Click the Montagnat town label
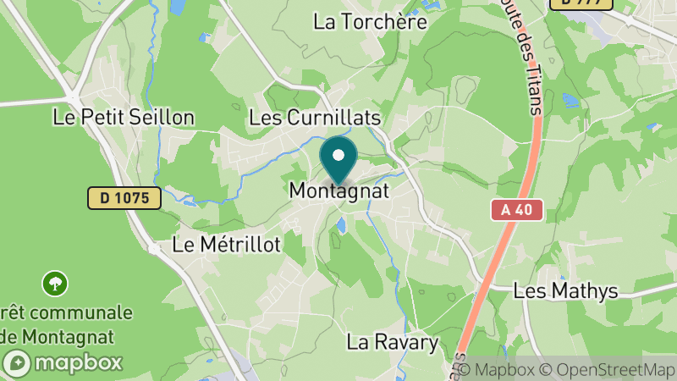tap(338, 191)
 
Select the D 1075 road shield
tap(124, 198)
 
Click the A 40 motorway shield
tap(516, 210)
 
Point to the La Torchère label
tap(370, 22)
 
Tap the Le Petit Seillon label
tap(124, 117)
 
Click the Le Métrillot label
tap(226, 245)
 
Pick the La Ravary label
tap(393, 343)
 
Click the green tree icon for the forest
tap(56, 283)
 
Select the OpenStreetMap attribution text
tap(608, 370)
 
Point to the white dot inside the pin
tap(338, 155)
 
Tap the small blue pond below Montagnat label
tap(340, 225)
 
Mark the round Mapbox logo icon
tap(18, 364)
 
